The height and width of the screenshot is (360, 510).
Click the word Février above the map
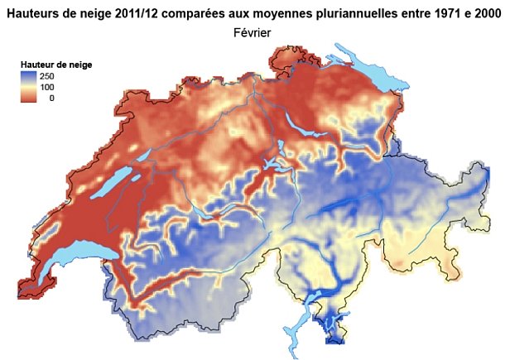(255, 32)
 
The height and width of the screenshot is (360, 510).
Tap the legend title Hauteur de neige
(56, 64)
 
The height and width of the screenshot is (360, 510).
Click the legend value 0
(52, 98)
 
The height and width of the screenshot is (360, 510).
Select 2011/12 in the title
(154, 11)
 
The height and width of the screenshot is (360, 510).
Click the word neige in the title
(105, 11)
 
